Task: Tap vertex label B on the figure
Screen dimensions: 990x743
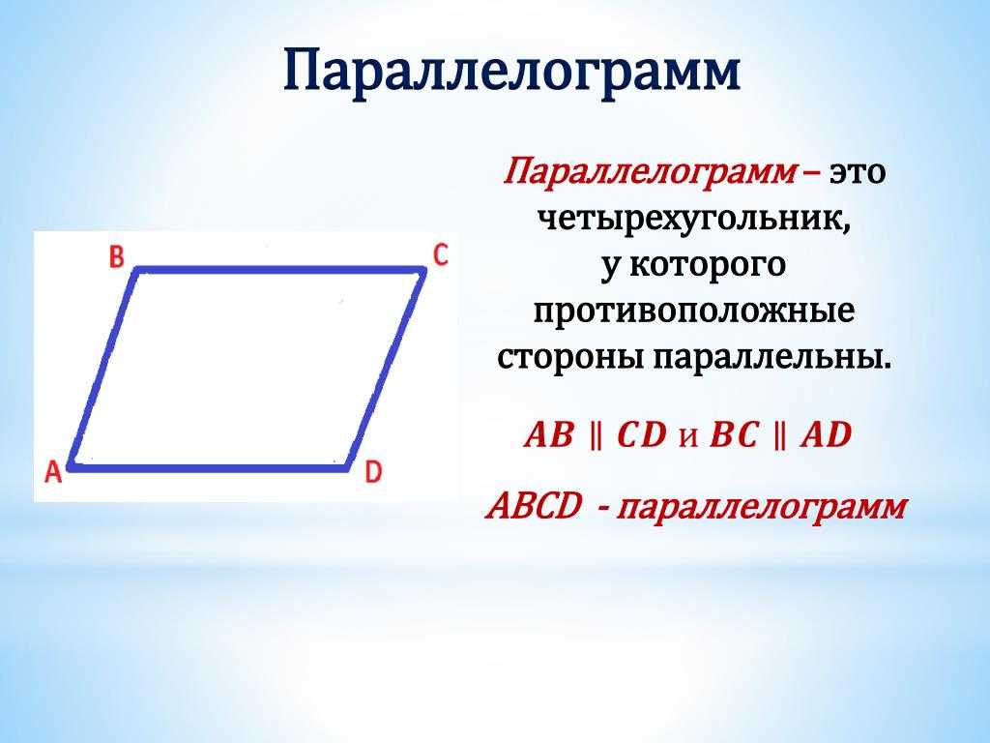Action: (117, 256)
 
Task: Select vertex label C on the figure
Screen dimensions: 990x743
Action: (440, 254)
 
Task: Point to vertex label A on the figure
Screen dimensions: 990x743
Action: (54, 471)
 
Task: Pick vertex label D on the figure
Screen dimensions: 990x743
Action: (374, 471)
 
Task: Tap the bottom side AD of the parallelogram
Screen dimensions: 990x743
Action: (209, 467)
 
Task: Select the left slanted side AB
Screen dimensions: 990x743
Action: (103, 369)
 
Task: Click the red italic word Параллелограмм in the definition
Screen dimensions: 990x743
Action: (650, 172)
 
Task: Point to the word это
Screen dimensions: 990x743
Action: (858, 172)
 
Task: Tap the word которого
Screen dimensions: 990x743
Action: (709, 265)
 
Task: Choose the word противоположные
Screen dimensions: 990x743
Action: (694, 312)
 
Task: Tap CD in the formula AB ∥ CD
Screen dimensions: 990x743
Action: (642, 435)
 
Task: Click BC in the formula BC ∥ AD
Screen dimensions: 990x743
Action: (734, 435)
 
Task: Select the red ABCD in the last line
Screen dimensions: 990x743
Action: (534, 506)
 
